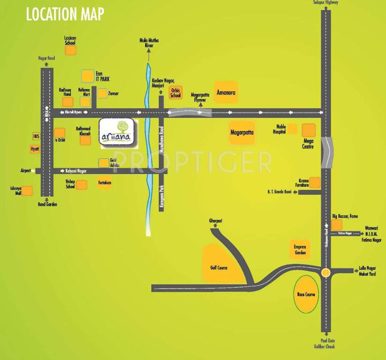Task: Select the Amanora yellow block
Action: (225, 92)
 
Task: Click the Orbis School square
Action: (175, 92)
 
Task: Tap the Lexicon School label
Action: (70, 39)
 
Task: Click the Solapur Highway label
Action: (326, 3)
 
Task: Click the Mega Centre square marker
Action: (309, 130)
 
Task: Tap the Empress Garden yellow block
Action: (300, 250)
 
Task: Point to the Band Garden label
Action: (47, 204)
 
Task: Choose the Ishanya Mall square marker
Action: (28, 191)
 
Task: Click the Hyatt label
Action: (34, 149)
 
